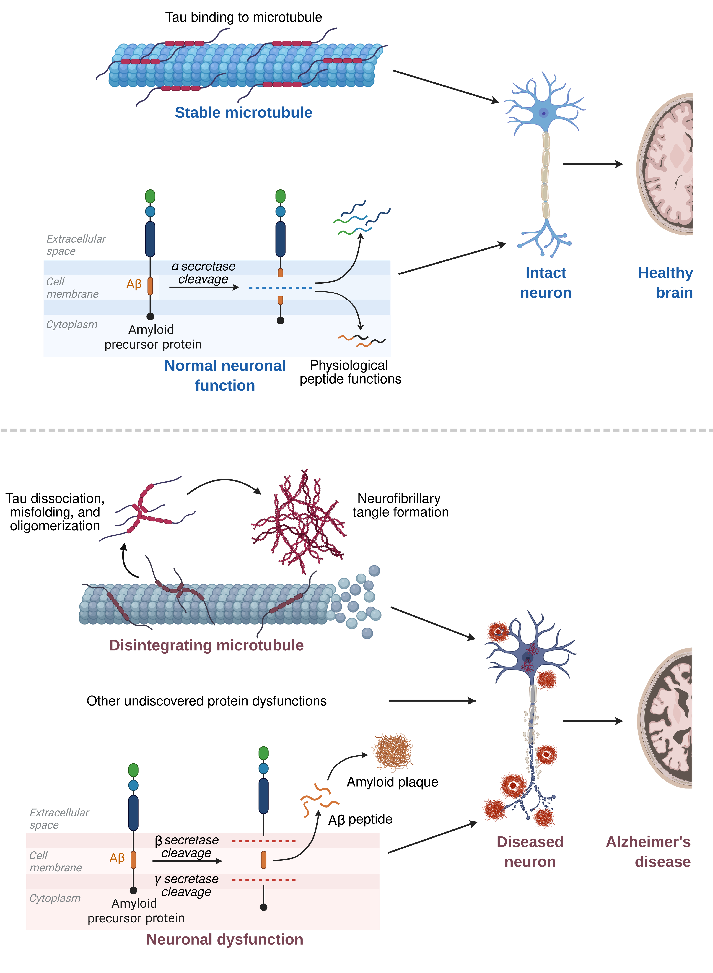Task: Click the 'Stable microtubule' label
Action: [243, 113]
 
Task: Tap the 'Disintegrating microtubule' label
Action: [206, 645]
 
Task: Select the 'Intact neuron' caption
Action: [546, 283]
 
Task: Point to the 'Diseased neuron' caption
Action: [530, 852]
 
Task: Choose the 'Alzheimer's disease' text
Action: [648, 852]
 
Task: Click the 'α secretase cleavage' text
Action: [203, 273]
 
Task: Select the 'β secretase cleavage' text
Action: [187, 847]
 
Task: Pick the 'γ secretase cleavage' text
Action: [187, 885]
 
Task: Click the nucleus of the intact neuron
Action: [544, 113]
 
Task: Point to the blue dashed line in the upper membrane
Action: [281, 287]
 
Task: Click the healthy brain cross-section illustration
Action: [667, 164]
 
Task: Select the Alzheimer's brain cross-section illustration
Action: [667, 719]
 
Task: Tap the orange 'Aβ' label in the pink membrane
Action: [117, 858]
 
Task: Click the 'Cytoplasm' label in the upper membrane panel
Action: [72, 325]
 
